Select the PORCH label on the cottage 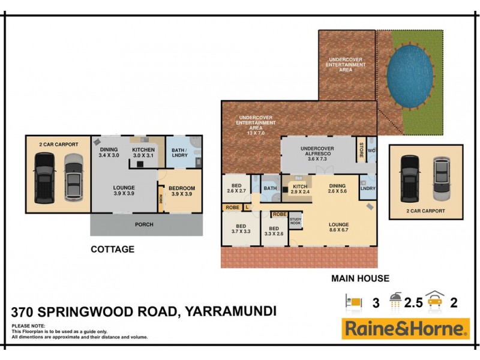[145, 224]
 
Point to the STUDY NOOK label [295, 221]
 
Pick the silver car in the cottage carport [73, 175]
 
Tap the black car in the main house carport [410, 179]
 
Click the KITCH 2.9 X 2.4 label [300, 190]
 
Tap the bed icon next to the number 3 [354, 302]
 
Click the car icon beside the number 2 [436, 302]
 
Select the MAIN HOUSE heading [361, 278]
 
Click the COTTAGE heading [112, 249]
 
